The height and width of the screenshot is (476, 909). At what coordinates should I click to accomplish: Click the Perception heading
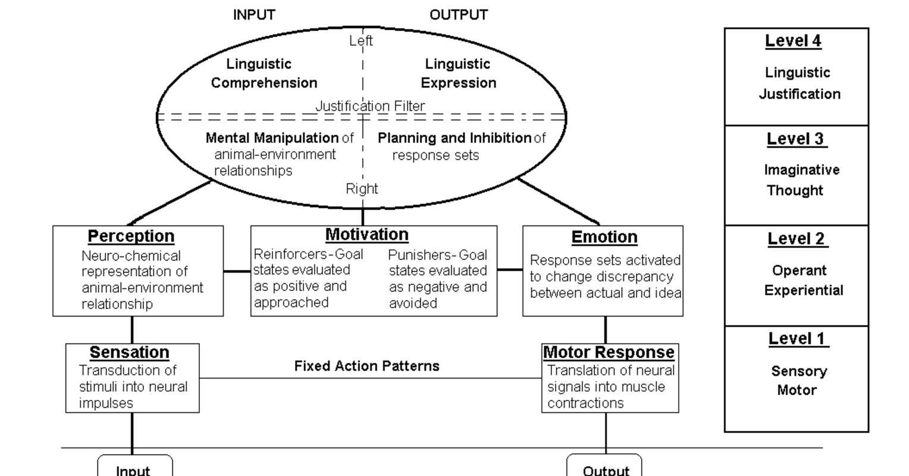(x=131, y=236)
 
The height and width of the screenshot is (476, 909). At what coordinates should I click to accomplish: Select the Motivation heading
(x=367, y=234)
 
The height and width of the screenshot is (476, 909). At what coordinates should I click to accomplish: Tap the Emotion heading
(x=604, y=237)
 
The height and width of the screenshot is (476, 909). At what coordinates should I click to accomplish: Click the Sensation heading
(x=130, y=352)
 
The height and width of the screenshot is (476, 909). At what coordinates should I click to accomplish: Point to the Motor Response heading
(x=609, y=352)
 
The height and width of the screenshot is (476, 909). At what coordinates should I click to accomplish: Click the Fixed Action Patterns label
(x=367, y=366)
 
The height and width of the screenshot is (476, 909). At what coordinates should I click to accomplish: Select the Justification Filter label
(x=370, y=107)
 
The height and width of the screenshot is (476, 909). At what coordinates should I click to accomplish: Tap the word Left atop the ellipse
(x=361, y=40)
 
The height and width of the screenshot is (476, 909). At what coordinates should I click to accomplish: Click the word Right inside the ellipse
(x=362, y=189)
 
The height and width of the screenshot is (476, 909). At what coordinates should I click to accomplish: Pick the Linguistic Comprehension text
(x=264, y=73)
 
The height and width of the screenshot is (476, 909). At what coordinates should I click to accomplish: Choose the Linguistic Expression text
(x=458, y=73)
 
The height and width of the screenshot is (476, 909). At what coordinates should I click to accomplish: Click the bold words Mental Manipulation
(x=272, y=138)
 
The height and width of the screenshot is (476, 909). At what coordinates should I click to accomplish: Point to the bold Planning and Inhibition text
(x=454, y=138)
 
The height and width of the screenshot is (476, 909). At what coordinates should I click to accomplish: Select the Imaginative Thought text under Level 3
(x=801, y=180)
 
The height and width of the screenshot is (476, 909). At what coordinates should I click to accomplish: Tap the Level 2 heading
(x=797, y=239)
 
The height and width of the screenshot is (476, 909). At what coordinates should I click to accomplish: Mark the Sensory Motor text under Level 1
(x=798, y=381)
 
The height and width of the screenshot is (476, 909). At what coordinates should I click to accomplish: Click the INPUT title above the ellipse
(x=254, y=15)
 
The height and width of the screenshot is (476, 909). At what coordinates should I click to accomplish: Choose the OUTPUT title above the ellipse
(x=459, y=15)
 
